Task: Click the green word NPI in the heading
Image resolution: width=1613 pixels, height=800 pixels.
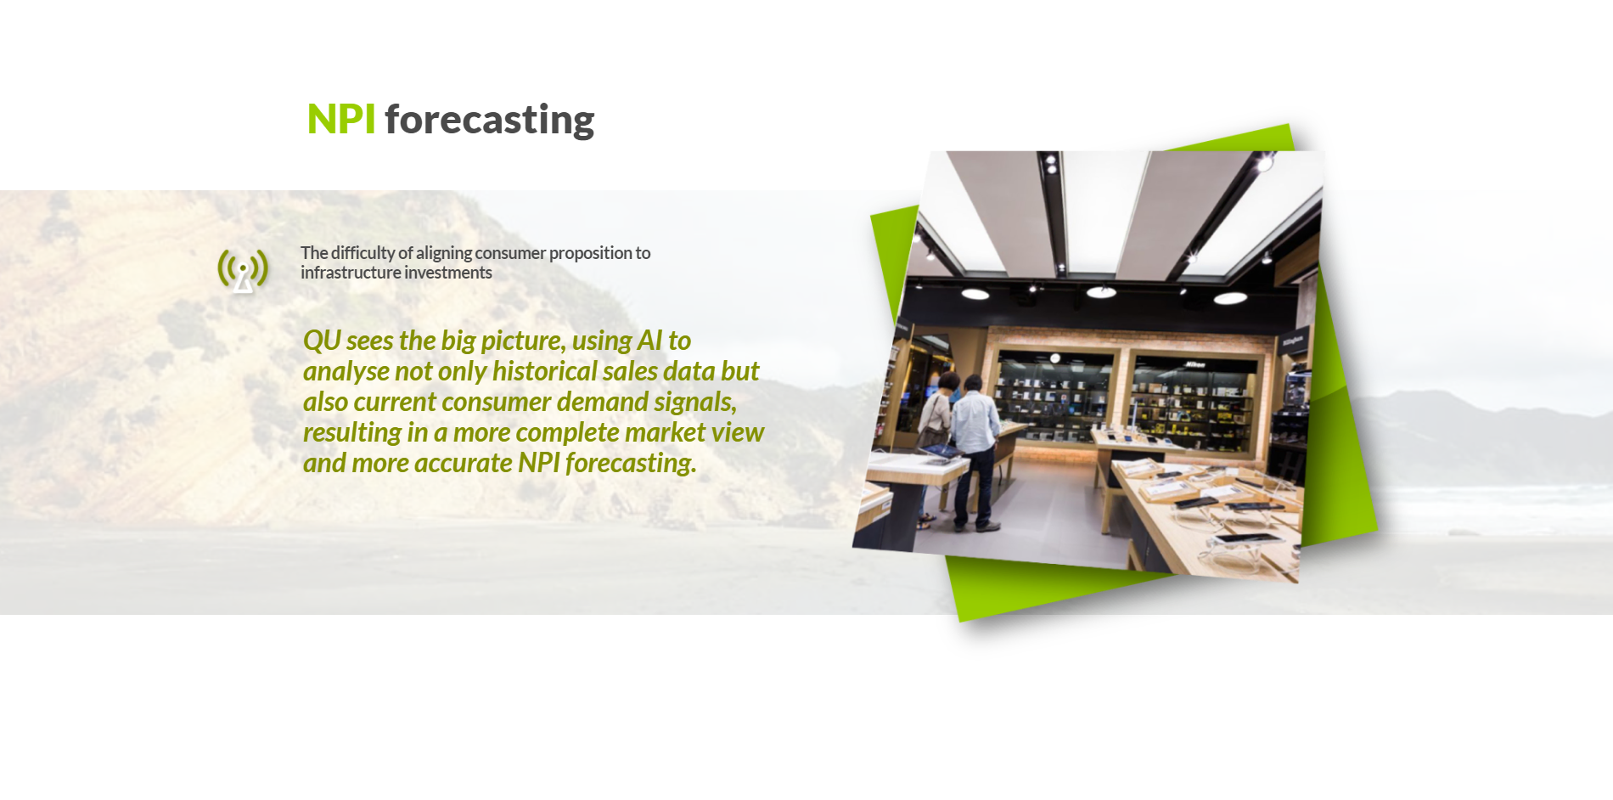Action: tap(340, 119)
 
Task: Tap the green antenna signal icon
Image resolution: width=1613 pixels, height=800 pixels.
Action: tap(243, 270)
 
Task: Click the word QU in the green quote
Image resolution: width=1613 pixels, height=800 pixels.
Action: tap(322, 341)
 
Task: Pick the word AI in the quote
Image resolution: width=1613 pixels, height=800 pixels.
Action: tap(649, 341)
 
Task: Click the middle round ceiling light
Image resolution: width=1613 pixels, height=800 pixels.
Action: tap(1101, 292)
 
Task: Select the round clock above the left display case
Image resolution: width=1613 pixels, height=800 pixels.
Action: tap(1054, 358)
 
